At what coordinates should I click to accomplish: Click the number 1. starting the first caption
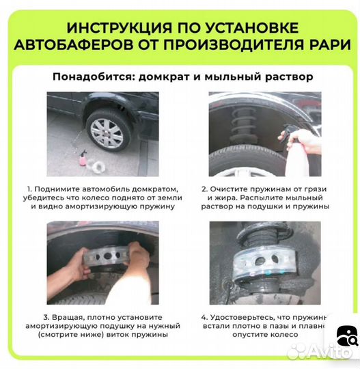[x=29, y=187]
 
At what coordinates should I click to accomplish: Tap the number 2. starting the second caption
[x=204, y=187]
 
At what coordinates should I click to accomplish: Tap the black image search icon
[x=347, y=336]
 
